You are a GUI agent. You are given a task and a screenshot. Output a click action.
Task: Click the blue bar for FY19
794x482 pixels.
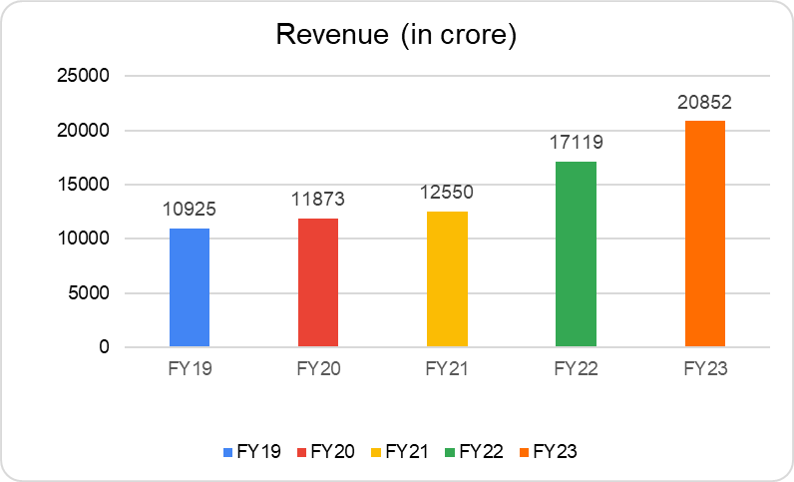pos(190,287)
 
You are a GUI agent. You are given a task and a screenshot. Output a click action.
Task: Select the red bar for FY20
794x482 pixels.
pos(318,282)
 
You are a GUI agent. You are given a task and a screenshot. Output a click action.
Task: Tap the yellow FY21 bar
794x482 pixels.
pos(447,279)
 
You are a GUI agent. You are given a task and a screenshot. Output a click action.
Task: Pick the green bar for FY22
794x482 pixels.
pos(576,254)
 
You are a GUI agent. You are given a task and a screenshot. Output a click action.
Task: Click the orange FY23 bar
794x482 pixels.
pos(704,234)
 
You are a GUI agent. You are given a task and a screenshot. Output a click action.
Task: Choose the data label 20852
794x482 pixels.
pos(704,104)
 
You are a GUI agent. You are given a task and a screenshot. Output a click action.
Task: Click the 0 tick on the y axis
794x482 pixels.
pos(105,347)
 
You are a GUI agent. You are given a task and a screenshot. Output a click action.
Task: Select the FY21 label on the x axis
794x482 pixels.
pos(447,368)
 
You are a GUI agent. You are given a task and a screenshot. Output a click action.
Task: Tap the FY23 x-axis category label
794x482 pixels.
pos(704,368)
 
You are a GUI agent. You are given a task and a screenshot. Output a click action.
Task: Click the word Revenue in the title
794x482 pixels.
pos(331,36)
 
